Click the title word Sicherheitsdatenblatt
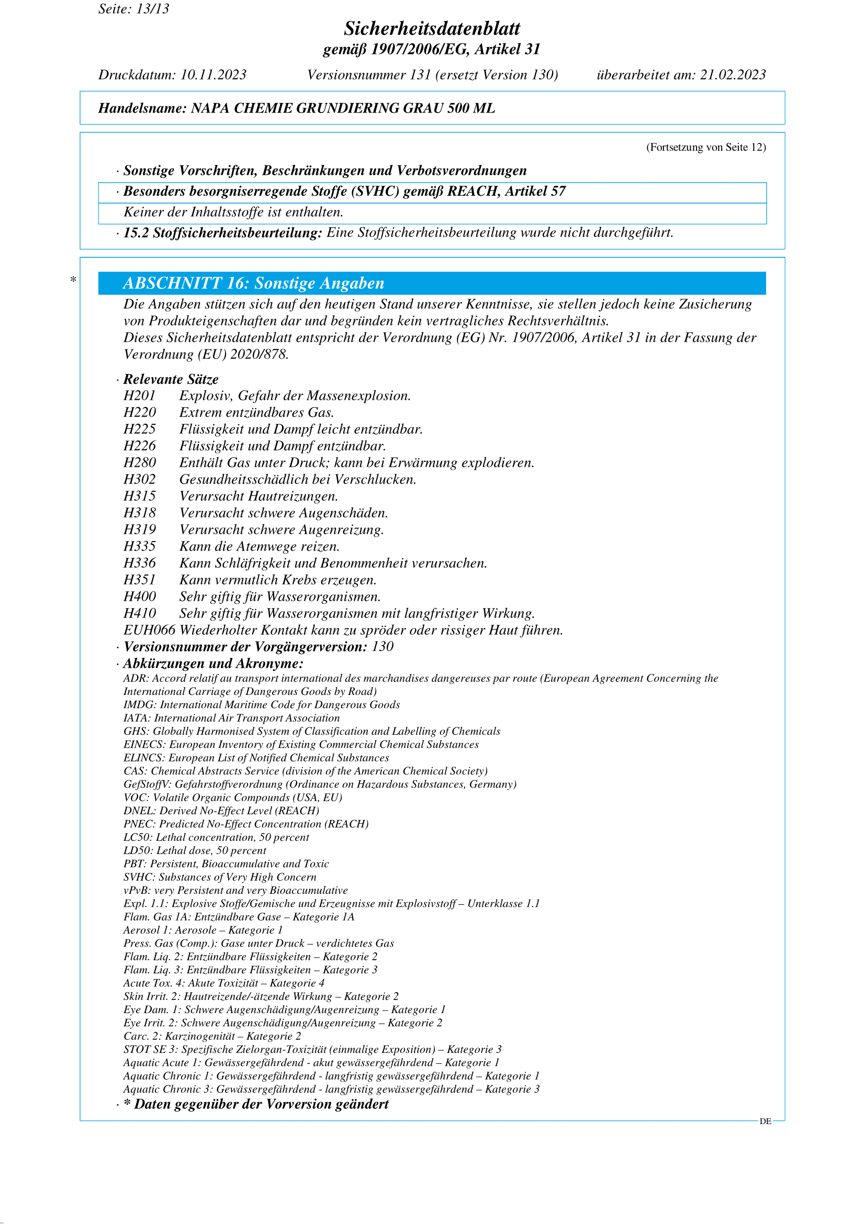(432, 28)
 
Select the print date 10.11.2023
(213, 75)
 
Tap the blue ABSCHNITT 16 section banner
(432, 283)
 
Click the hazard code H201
(140, 396)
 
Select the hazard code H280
(140, 462)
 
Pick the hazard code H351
(140, 579)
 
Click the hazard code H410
(140, 613)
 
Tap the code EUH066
(149, 630)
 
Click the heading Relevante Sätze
(171, 379)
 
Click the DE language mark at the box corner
(766, 1121)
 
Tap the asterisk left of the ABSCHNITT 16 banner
(74, 279)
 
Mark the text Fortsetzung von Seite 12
(706, 147)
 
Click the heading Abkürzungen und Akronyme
(213, 664)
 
